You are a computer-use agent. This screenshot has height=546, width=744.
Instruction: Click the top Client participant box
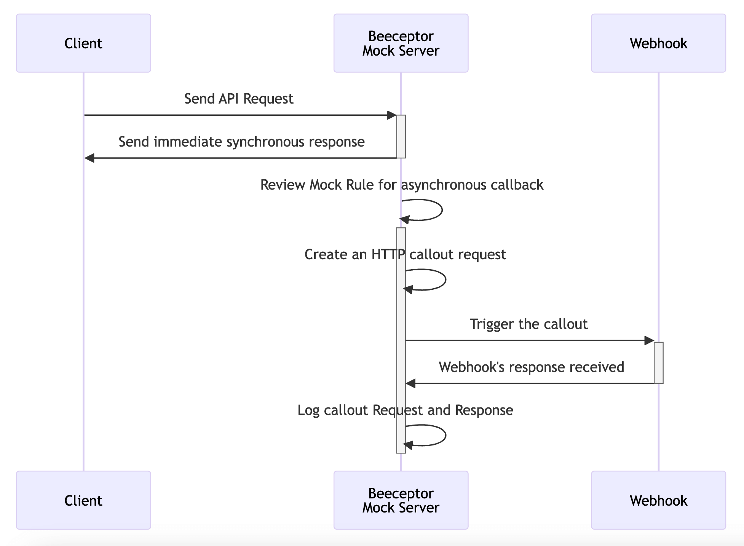point(83,43)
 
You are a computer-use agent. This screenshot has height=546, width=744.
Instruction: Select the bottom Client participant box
point(83,500)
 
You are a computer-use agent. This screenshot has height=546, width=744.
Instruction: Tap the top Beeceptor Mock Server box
point(401,43)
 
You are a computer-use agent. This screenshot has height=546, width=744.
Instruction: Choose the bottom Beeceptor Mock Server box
point(401,500)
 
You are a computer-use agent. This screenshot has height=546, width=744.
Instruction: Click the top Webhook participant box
point(658,43)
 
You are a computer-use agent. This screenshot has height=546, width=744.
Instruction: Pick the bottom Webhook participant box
point(658,500)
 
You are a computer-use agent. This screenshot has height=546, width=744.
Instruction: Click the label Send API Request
point(239,99)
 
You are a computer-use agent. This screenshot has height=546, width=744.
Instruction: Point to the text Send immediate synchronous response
point(241,142)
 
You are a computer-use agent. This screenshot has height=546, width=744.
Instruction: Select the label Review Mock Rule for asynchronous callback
point(402,185)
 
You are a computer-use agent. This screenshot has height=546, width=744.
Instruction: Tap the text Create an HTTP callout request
point(405,255)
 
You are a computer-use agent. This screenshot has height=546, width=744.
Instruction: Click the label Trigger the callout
point(528,324)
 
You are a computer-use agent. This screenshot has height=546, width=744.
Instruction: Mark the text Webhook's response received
point(531,367)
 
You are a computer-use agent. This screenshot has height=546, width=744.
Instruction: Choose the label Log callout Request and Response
point(405,410)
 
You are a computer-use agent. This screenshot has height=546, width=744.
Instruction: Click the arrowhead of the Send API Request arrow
point(391,115)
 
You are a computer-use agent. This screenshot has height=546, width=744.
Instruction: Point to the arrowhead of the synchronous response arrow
point(89,158)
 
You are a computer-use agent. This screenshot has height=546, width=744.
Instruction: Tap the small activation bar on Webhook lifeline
point(658,362)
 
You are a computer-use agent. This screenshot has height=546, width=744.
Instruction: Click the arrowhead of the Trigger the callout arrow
point(649,341)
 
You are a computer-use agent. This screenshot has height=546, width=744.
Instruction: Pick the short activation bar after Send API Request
point(401,136)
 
